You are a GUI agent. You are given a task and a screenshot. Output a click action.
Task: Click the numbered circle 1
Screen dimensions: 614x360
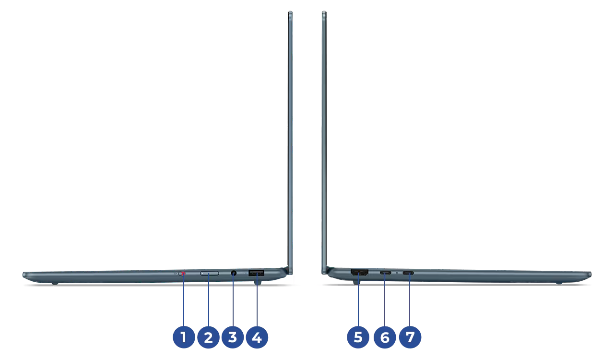click(184, 337)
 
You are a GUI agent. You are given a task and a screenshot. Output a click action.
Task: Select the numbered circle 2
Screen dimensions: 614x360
click(208, 337)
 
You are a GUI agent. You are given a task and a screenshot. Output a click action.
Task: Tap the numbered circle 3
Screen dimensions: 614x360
click(233, 337)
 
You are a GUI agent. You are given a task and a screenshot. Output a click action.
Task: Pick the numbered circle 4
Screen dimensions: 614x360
click(257, 337)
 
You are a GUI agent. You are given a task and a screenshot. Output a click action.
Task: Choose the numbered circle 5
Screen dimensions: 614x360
click(358, 337)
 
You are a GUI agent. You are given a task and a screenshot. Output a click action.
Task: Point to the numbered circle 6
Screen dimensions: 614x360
click(385, 337)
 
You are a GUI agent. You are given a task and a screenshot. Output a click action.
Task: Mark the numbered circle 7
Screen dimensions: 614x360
click(410, 337)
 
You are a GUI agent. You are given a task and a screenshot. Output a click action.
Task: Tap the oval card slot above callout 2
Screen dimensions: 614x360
click(210, 273)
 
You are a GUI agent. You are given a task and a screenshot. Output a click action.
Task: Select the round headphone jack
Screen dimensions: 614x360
click(234, 273)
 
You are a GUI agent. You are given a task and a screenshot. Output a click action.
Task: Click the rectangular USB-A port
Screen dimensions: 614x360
click(256, 273)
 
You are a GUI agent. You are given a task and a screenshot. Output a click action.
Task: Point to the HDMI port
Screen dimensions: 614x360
click(359, 273)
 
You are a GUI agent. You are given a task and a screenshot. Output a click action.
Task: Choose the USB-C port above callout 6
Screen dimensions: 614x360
click(385, 273)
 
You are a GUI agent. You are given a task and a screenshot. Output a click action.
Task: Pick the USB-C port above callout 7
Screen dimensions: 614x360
click(408, 273)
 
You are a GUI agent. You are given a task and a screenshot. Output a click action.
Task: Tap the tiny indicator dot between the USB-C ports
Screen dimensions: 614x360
click(397, 273)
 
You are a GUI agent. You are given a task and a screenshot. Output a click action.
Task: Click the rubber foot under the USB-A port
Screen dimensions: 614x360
click(258, 283)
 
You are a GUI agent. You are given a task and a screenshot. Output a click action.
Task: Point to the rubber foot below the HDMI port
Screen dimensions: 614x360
click(356, 282)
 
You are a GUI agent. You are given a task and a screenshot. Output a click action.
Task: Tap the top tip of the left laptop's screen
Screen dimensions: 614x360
click(290, 12)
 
